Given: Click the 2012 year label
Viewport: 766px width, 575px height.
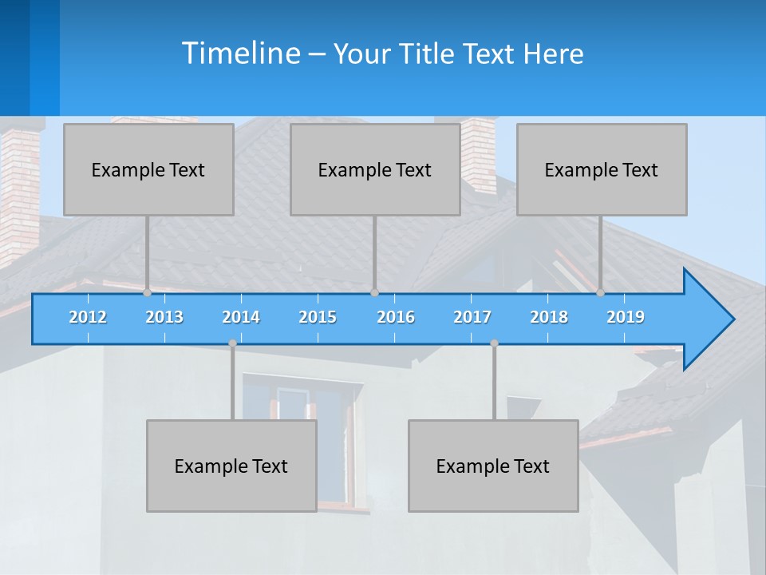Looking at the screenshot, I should [88, 317].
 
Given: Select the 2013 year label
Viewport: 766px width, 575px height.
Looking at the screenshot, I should [164, 317].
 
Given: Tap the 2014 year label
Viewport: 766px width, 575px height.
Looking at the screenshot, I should [241, 317].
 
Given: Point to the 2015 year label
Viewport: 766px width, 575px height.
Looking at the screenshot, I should [318, 317].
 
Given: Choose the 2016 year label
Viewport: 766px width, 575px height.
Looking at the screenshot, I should [396, 317].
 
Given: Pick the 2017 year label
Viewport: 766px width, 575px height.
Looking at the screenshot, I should [472, 317].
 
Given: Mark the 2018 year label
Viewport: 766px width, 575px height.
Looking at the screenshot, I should [549, 317].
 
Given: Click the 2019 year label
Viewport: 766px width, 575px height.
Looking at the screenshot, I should [626, 317].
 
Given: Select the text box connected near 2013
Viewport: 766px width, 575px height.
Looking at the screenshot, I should [148, 169].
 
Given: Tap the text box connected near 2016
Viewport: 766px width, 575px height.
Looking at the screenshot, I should [375, 169].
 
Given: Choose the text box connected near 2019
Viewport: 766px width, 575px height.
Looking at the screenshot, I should [602, 169].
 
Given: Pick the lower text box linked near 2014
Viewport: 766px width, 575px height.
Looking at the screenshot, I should [231, 466].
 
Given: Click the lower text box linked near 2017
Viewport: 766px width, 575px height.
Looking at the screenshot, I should [493, 466].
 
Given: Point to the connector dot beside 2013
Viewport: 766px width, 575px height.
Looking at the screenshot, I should [148, 293].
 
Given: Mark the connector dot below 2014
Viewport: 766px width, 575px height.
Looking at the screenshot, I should [232, 343].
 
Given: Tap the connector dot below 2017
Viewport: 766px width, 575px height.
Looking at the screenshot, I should [494, 343].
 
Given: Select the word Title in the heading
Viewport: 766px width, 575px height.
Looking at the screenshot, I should [430, 54].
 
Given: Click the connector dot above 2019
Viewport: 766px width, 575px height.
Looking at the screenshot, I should [601, 293].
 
